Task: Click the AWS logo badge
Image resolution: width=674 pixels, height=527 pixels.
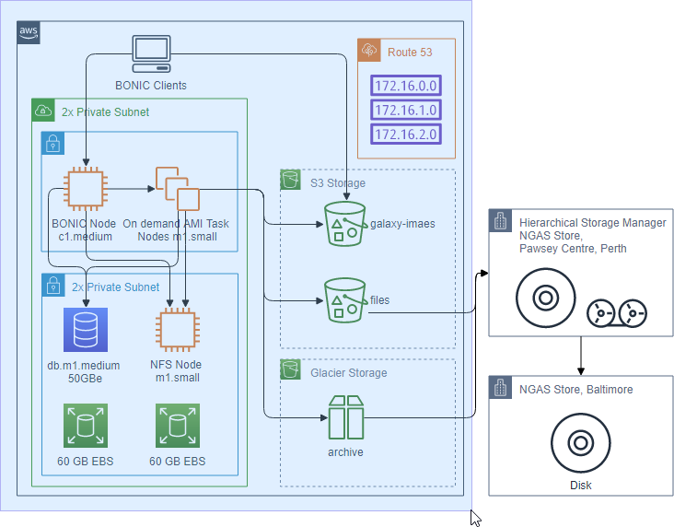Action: point(29,32)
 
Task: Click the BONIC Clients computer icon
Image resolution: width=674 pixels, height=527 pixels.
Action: point(151,54)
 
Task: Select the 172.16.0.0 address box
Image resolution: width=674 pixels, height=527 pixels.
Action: point(406,86)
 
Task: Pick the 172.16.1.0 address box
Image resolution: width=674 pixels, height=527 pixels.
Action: point(406,110)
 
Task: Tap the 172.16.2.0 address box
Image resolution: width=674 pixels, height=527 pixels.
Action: point(406,134)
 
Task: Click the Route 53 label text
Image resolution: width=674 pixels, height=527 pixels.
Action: point(410,52)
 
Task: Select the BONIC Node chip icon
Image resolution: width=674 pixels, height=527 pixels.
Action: point(86,189)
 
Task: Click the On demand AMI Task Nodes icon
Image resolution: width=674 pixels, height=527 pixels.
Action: point(178,189)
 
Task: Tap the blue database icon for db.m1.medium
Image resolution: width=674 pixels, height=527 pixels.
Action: point(86,330)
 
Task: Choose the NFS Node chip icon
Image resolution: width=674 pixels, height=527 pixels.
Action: point(178,330)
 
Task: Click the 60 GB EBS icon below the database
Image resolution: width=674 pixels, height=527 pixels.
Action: point(86,426)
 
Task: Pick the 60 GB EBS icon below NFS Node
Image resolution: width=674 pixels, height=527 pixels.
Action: point(178,426)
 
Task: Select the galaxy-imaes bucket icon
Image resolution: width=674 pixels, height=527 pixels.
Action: point(345,224)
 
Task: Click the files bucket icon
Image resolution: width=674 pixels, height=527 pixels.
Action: point(345,300)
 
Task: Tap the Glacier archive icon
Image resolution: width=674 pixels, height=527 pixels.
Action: point(346,417)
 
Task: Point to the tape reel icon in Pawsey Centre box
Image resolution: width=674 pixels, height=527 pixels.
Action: point(617,313)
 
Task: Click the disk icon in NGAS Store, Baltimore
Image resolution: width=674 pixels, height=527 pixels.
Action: point(581,442)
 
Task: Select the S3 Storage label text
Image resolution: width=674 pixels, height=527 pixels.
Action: point(338,182)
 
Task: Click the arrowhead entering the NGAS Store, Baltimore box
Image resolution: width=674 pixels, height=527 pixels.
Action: point(581,371)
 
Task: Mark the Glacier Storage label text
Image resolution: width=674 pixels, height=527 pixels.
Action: point(349,372)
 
